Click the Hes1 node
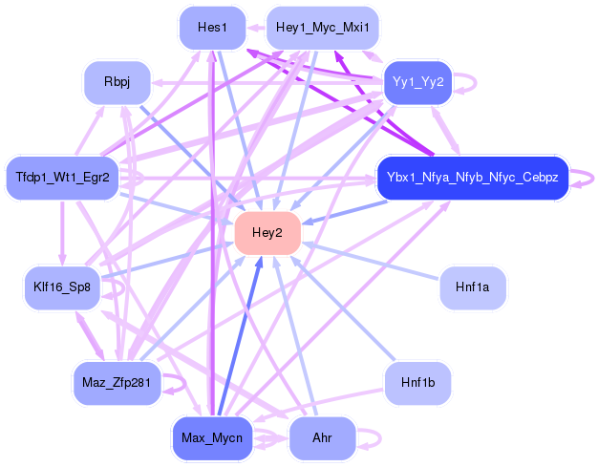[x=212, y=28]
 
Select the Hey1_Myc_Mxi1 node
[x=323, y=28]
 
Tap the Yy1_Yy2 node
[x=417, y=82]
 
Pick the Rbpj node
[x=117, y=83]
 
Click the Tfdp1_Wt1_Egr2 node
[x=63, y=178]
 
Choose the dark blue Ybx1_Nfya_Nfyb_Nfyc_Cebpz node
[x=473, y=178]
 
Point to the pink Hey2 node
[x=267, y=233]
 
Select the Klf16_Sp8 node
[x=62, y=287]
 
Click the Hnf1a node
[x=472, y=287]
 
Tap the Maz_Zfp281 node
[x=117, y=383]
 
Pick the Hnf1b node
[x=417, y=383]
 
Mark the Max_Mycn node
[x=212, y=438]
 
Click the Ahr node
[x=322, y=438]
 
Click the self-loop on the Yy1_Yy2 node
[x=465, y=82]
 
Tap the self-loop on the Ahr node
[x=371, y=438]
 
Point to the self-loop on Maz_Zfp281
[x=175, y=383]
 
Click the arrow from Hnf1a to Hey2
[x=373, y=261]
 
